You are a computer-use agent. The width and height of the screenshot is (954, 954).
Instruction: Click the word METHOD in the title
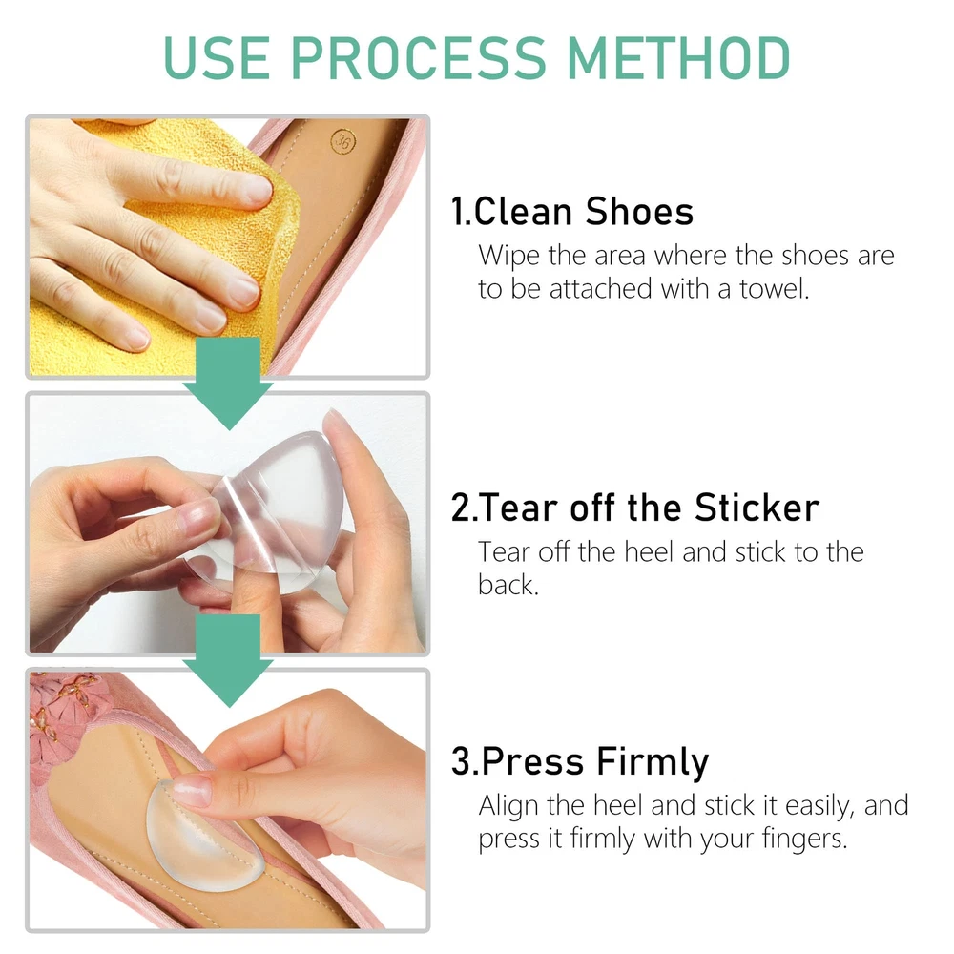pos(677,58)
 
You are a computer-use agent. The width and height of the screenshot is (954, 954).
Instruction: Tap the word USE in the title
pos(217,58)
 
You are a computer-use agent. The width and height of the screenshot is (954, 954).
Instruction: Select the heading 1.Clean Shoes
pos(571,212)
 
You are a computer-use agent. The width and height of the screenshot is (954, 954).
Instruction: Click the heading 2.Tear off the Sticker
pos(635,508)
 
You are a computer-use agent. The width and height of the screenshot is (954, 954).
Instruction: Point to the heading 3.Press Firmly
pos(580,762)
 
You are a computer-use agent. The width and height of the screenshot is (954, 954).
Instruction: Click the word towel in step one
pos(774,288)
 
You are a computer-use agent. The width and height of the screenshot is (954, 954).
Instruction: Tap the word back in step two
pos(508,585)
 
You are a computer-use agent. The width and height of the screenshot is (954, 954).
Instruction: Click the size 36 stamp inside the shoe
pos(343,141)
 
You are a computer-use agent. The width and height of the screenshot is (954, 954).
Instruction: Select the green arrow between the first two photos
pos(228,384)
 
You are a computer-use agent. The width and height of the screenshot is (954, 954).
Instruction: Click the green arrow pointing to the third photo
pos(228,661)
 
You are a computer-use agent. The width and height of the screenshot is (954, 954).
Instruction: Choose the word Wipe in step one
pos(508,256)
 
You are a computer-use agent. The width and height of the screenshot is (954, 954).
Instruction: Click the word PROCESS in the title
pos(419,58)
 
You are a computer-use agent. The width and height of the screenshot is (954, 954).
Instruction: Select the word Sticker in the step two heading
pos(757,508)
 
